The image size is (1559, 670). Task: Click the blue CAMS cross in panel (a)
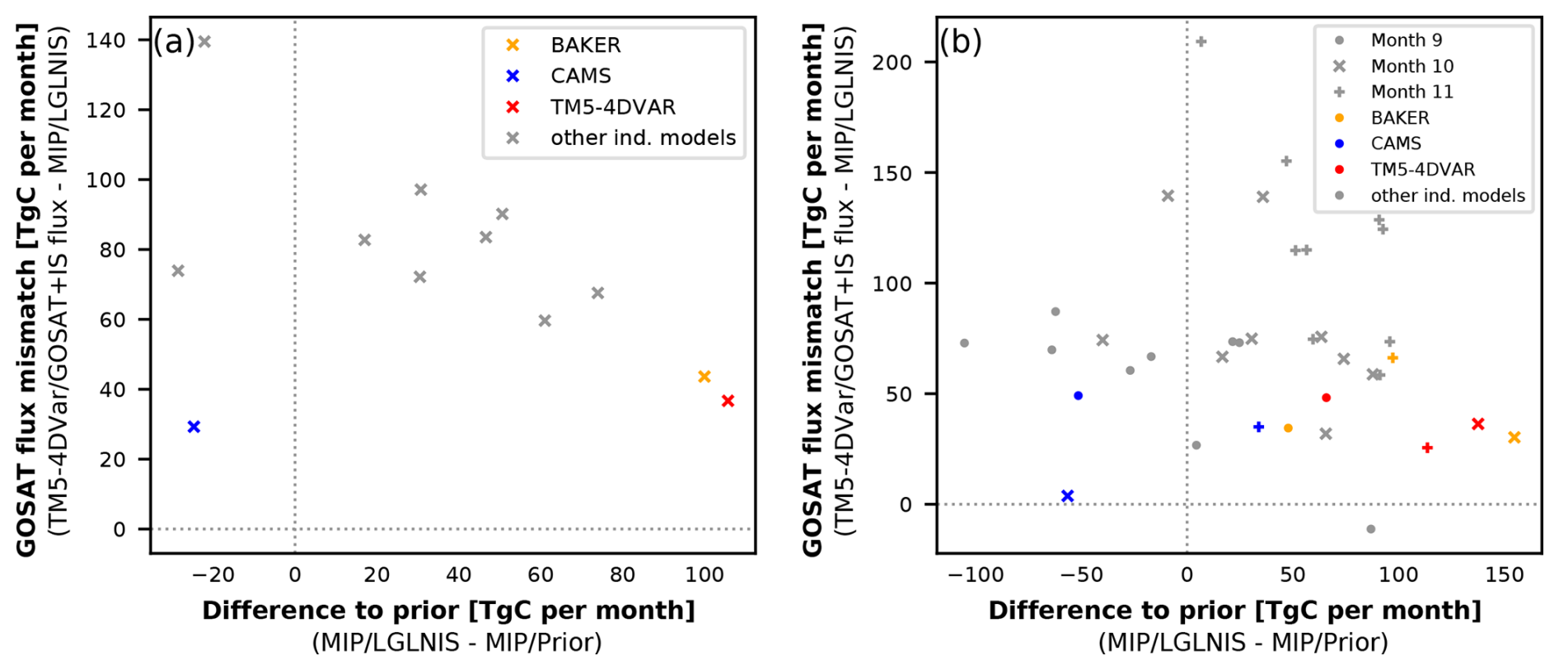pos(194,427)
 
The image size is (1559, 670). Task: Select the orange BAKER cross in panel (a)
pos(705,377)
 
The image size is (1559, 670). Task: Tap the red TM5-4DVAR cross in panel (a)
pos(728,401)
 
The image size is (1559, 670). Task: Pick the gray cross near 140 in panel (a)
pos(204,42)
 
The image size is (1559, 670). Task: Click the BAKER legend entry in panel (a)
pos(585,45)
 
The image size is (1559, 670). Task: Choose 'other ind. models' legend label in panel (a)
pos(643,138)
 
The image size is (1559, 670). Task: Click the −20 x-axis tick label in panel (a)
pos(213,574)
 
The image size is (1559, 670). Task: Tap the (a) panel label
pos(174,41)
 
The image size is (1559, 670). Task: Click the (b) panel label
pos(961,41)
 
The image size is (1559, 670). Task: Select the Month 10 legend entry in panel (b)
pos(1412,66)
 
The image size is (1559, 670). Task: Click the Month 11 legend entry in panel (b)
pos(1412,91)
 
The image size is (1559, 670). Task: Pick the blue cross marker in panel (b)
pos(1068,496)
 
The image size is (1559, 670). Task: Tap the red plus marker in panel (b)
pos(1427,448)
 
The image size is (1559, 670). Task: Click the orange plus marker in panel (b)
pos(1393,358)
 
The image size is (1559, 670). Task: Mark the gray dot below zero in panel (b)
pos(1371,529)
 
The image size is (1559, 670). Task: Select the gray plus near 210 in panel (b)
pos(1201,42)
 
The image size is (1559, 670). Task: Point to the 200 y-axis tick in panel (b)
pos(892,63)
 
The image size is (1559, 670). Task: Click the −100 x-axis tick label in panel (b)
pos(976,574)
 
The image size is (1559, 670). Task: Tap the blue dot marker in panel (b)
pos(1079,396)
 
